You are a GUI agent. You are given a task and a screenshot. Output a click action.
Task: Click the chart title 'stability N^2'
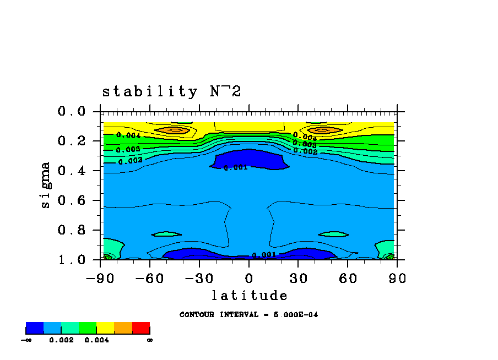tap(171, 92)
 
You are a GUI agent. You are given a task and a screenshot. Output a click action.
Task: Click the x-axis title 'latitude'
tap(249, 296)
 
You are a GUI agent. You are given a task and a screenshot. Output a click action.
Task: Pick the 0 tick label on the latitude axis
tap(249, 279)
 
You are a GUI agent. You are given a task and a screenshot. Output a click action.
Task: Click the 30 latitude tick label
tap(298, 279)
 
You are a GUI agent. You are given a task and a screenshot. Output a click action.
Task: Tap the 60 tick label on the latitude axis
tap(348, 279)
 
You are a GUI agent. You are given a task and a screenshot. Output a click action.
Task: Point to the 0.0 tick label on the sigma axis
tap(72, 112)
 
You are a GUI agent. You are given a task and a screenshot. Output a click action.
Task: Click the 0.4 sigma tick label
tap(72, 171)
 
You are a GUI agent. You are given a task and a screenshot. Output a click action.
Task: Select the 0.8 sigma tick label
tap(72, 230)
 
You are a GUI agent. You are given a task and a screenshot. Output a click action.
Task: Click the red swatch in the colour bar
tap(141, 329)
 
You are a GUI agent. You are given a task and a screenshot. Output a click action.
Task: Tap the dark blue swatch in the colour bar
tap(35, 329)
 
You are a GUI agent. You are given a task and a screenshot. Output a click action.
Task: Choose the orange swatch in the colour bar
tap(123, 329)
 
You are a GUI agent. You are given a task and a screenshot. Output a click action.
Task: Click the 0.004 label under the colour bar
tap(96, 340)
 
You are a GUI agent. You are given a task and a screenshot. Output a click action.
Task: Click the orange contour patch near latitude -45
tap(175, 130)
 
